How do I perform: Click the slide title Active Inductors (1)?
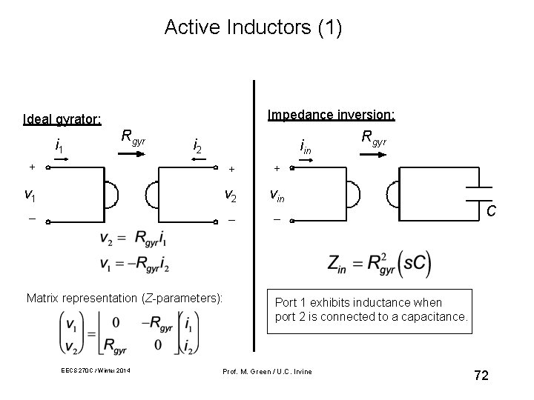[253, 27]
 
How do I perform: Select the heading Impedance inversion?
[331, 115]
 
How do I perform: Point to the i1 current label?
[60, 145]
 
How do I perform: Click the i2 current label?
[198, 145]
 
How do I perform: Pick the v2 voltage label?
[231, 196]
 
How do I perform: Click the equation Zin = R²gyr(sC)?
[378, 263]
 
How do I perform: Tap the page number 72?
[481, 376]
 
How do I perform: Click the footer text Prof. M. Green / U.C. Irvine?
[268, 370]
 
